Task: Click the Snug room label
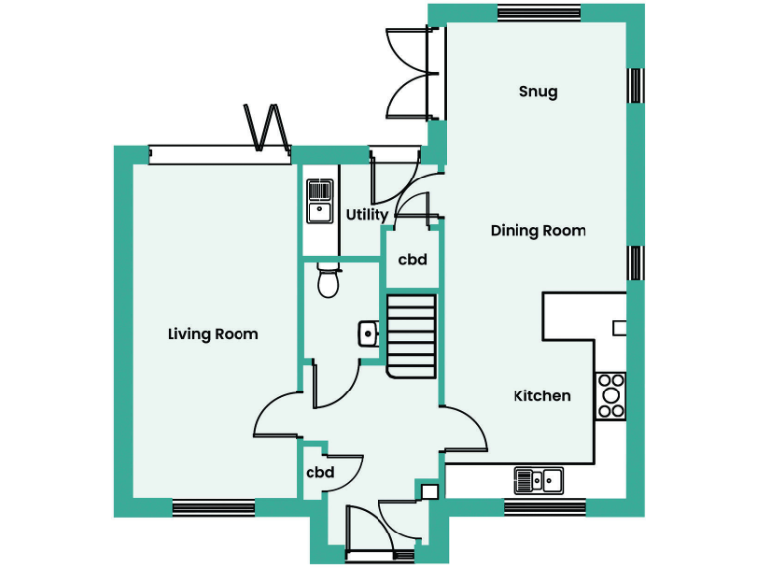(x=538, y=92)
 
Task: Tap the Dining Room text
(x=538, y=231)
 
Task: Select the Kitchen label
(x=541, y=396)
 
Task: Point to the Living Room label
(x=213, y=334)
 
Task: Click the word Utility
(x=367, y=215)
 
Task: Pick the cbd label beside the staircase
(x=412, y=260)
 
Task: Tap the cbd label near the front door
(x=319, y=473)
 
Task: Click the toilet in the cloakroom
(x=329, y=282)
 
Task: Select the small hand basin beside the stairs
(x=368, y=333)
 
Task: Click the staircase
(x=410, y=335)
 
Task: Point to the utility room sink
(x=319, y=200)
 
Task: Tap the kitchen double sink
(x=538, y=480)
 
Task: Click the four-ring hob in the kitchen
(x=611, y=393)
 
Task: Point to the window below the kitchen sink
(x=545, y=509)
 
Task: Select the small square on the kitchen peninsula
(x=619, y=327)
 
